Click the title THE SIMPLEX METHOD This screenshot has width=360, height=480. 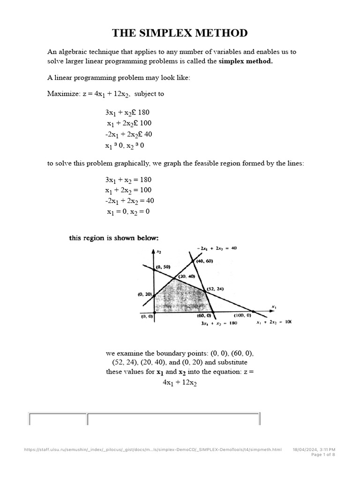pyautogui.click(x=180, y=33)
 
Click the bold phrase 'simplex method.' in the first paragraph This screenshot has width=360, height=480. pyautogui.click(x=245, y=61)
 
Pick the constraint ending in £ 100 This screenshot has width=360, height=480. pyautogui.click(x=129, y=123)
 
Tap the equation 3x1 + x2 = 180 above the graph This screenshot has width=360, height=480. pyautogui.click(x=128, y=180)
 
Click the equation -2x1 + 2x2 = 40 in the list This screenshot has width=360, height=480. pyautogui.click(x=129, y=201)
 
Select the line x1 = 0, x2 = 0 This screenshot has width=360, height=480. pyautogui.click(x=128, y=211)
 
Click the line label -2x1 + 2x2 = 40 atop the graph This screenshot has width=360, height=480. pyautogui.click(x=217, y=248)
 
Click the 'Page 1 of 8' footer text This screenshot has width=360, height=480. pyautogui.click(x=323, y=454)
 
